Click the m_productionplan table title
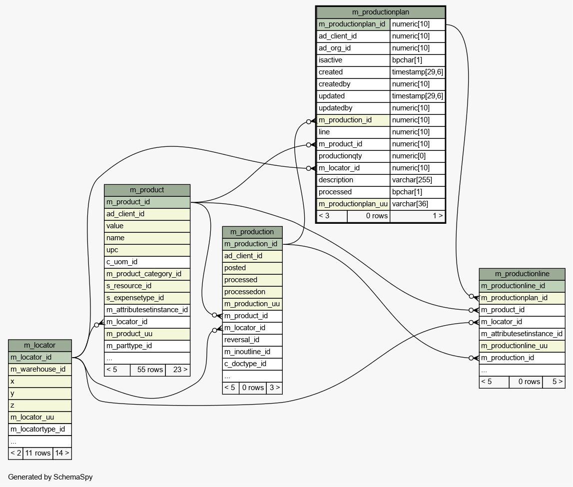point(380,12)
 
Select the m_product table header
point(147,190)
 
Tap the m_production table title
point(252,232)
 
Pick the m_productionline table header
point(522,274)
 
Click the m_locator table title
point(40,345)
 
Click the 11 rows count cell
point(37,454)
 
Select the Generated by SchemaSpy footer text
point(50,477)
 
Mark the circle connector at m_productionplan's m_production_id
point(309,122)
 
